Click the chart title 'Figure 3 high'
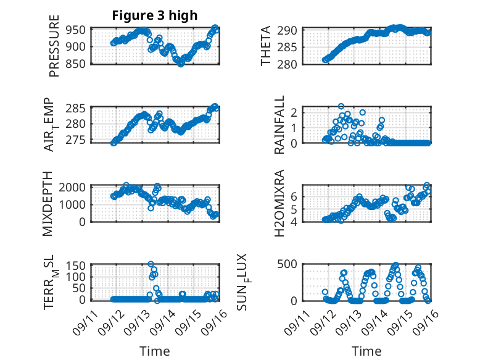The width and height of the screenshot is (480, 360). tap(154, 15)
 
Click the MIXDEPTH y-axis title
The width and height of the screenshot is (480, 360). tap(49, 204)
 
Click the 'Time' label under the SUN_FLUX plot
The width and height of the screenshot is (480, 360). tap(366, 351)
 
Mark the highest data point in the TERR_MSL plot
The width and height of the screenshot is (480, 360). tap(151, 264)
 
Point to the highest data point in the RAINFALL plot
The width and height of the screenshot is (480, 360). tap(341, 107)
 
